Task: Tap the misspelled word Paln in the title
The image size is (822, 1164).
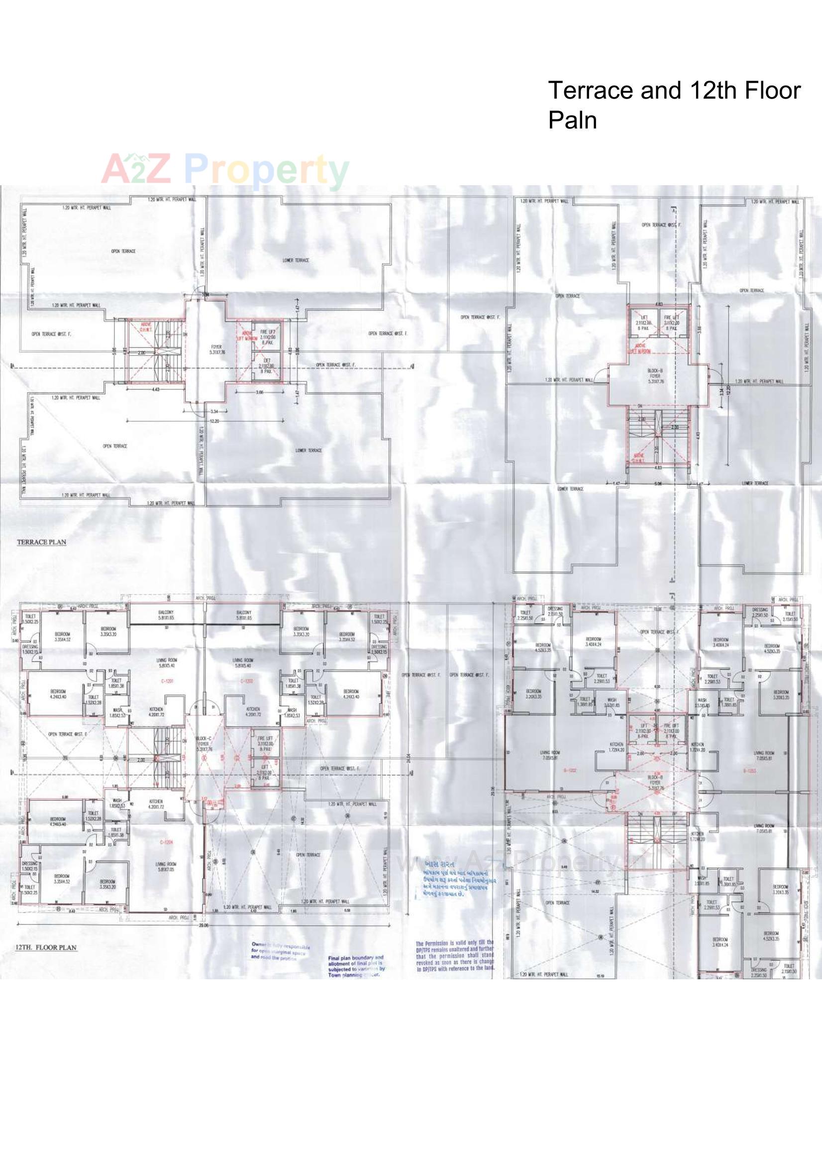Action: (x=572, y=120)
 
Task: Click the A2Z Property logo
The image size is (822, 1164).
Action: (x=225, y=169)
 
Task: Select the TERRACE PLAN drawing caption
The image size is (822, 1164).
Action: (x=42, y=542)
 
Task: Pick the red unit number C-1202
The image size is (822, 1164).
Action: (x=247, y=682)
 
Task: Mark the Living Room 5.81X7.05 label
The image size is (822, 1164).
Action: (x=166, y=867)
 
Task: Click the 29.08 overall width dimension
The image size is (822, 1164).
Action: (x=204, y=925)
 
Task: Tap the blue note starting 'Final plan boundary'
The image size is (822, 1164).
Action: (x=356, y=965)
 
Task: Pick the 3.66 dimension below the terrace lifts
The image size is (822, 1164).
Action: (x=259, y=392)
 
